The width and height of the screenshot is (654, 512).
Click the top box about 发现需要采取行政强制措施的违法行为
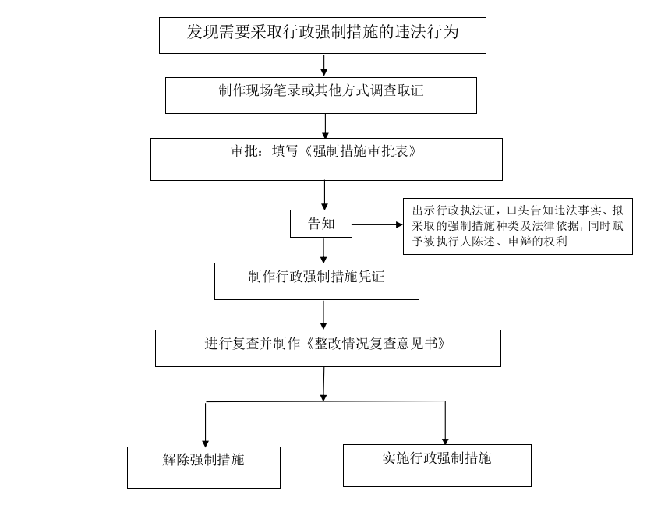click(x=323, y=35)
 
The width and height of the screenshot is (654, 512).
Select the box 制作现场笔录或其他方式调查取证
click(x=320, y=96)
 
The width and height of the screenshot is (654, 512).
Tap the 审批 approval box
click(x=326, y=159)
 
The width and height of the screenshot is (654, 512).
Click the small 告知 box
click(x=320, y=224)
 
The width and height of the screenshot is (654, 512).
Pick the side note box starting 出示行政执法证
click(x=518, y=227)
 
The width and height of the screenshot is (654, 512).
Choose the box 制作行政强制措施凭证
click(x=316, y=281)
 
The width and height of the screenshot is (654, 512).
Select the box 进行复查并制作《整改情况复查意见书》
click(x=328, y=348)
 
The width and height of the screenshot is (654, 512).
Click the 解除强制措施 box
click(x=203, y=468)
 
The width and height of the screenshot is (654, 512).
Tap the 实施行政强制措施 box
click(x=437, y=465)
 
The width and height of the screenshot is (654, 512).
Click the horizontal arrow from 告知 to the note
click(x=377, y=224)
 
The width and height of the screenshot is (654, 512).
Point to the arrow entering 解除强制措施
click(x=205, y=425)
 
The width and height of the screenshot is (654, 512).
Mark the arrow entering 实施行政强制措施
click(x=445, y=423)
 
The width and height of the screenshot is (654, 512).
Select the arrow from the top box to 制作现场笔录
click(x=323, y=65)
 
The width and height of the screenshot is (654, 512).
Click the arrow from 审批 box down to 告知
click(x=324, y=195)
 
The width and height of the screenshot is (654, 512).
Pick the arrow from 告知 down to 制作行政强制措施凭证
click(x=323, y=250)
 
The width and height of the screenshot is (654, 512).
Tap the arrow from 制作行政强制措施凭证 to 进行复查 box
click(x=323, y=315)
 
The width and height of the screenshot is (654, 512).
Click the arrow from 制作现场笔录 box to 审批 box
click(x=325, y=126)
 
